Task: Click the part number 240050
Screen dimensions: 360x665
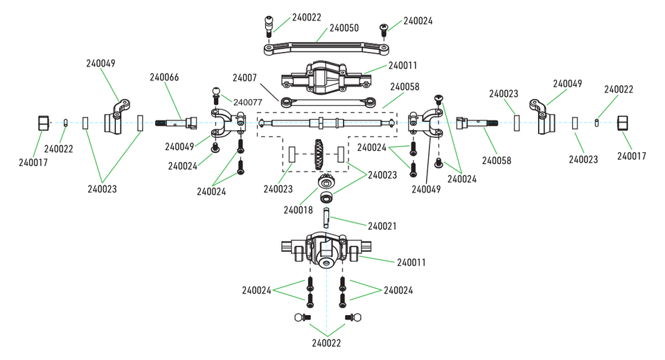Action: tap(344, 28)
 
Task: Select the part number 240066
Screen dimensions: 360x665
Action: tap(164, 77)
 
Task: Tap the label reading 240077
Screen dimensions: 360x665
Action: tap(247, 102)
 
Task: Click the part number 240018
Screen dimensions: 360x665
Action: tap(298, 209)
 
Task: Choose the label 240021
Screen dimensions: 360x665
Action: tap(382, 226)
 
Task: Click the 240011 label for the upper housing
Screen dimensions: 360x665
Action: tap(402, 66)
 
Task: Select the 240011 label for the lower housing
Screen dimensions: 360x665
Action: tap(411, 262)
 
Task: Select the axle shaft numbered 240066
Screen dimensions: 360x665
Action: tap(179, 125)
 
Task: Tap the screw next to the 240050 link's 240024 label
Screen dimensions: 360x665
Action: tap(383, 28)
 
